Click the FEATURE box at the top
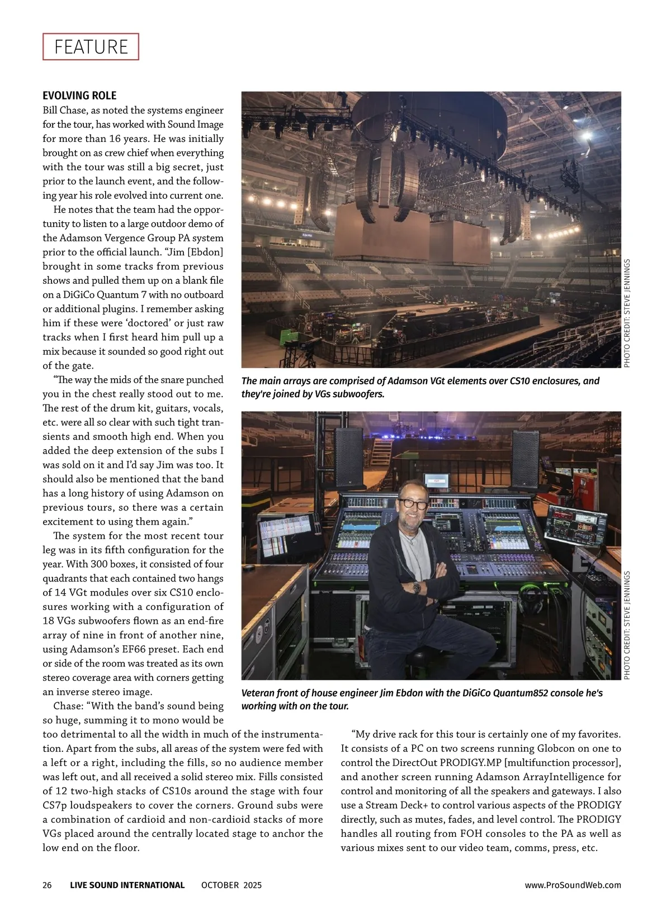(91, 47)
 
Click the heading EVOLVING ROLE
(79, 96)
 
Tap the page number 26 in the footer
(47, 885)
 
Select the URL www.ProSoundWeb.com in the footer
(573, 885)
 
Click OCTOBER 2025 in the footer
(231, 885)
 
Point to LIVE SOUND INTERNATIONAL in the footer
(127, 885)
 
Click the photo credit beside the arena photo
(627, 313)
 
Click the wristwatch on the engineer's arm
(416, 588)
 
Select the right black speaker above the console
(525, 458)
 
